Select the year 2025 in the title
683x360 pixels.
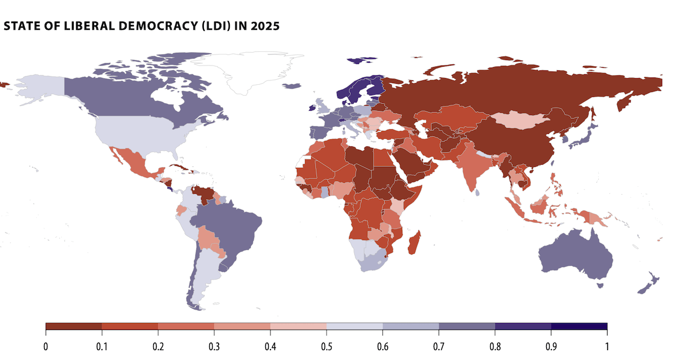tap(266, 26)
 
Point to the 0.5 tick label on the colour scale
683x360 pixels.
tap(327, 346)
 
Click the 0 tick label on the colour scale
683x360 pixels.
tap(46, 346)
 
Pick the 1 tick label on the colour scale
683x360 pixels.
tap(606, 346)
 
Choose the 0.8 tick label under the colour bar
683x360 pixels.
tap(495, 346)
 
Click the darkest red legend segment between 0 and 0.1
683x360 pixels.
tap(74, 326)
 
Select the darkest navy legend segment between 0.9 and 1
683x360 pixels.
tap(579, 326)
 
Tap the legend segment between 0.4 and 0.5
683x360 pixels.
tap(299, 326)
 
